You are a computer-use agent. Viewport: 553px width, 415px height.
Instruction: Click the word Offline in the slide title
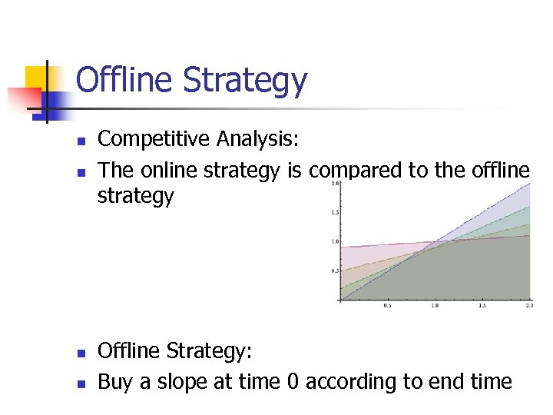point(122,80)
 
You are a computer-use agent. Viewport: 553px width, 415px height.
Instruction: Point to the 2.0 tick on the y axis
point(334,184)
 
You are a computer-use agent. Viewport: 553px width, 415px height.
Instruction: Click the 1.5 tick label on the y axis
point(334,212)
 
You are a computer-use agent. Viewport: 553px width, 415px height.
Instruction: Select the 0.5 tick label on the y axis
point(334,271)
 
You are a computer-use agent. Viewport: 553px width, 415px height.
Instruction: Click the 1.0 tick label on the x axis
point(435,306)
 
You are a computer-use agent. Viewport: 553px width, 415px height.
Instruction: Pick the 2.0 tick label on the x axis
point(528,306)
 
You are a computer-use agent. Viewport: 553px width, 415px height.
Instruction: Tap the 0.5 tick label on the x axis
point(388,306)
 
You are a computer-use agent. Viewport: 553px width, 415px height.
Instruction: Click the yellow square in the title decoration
point(37,77)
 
